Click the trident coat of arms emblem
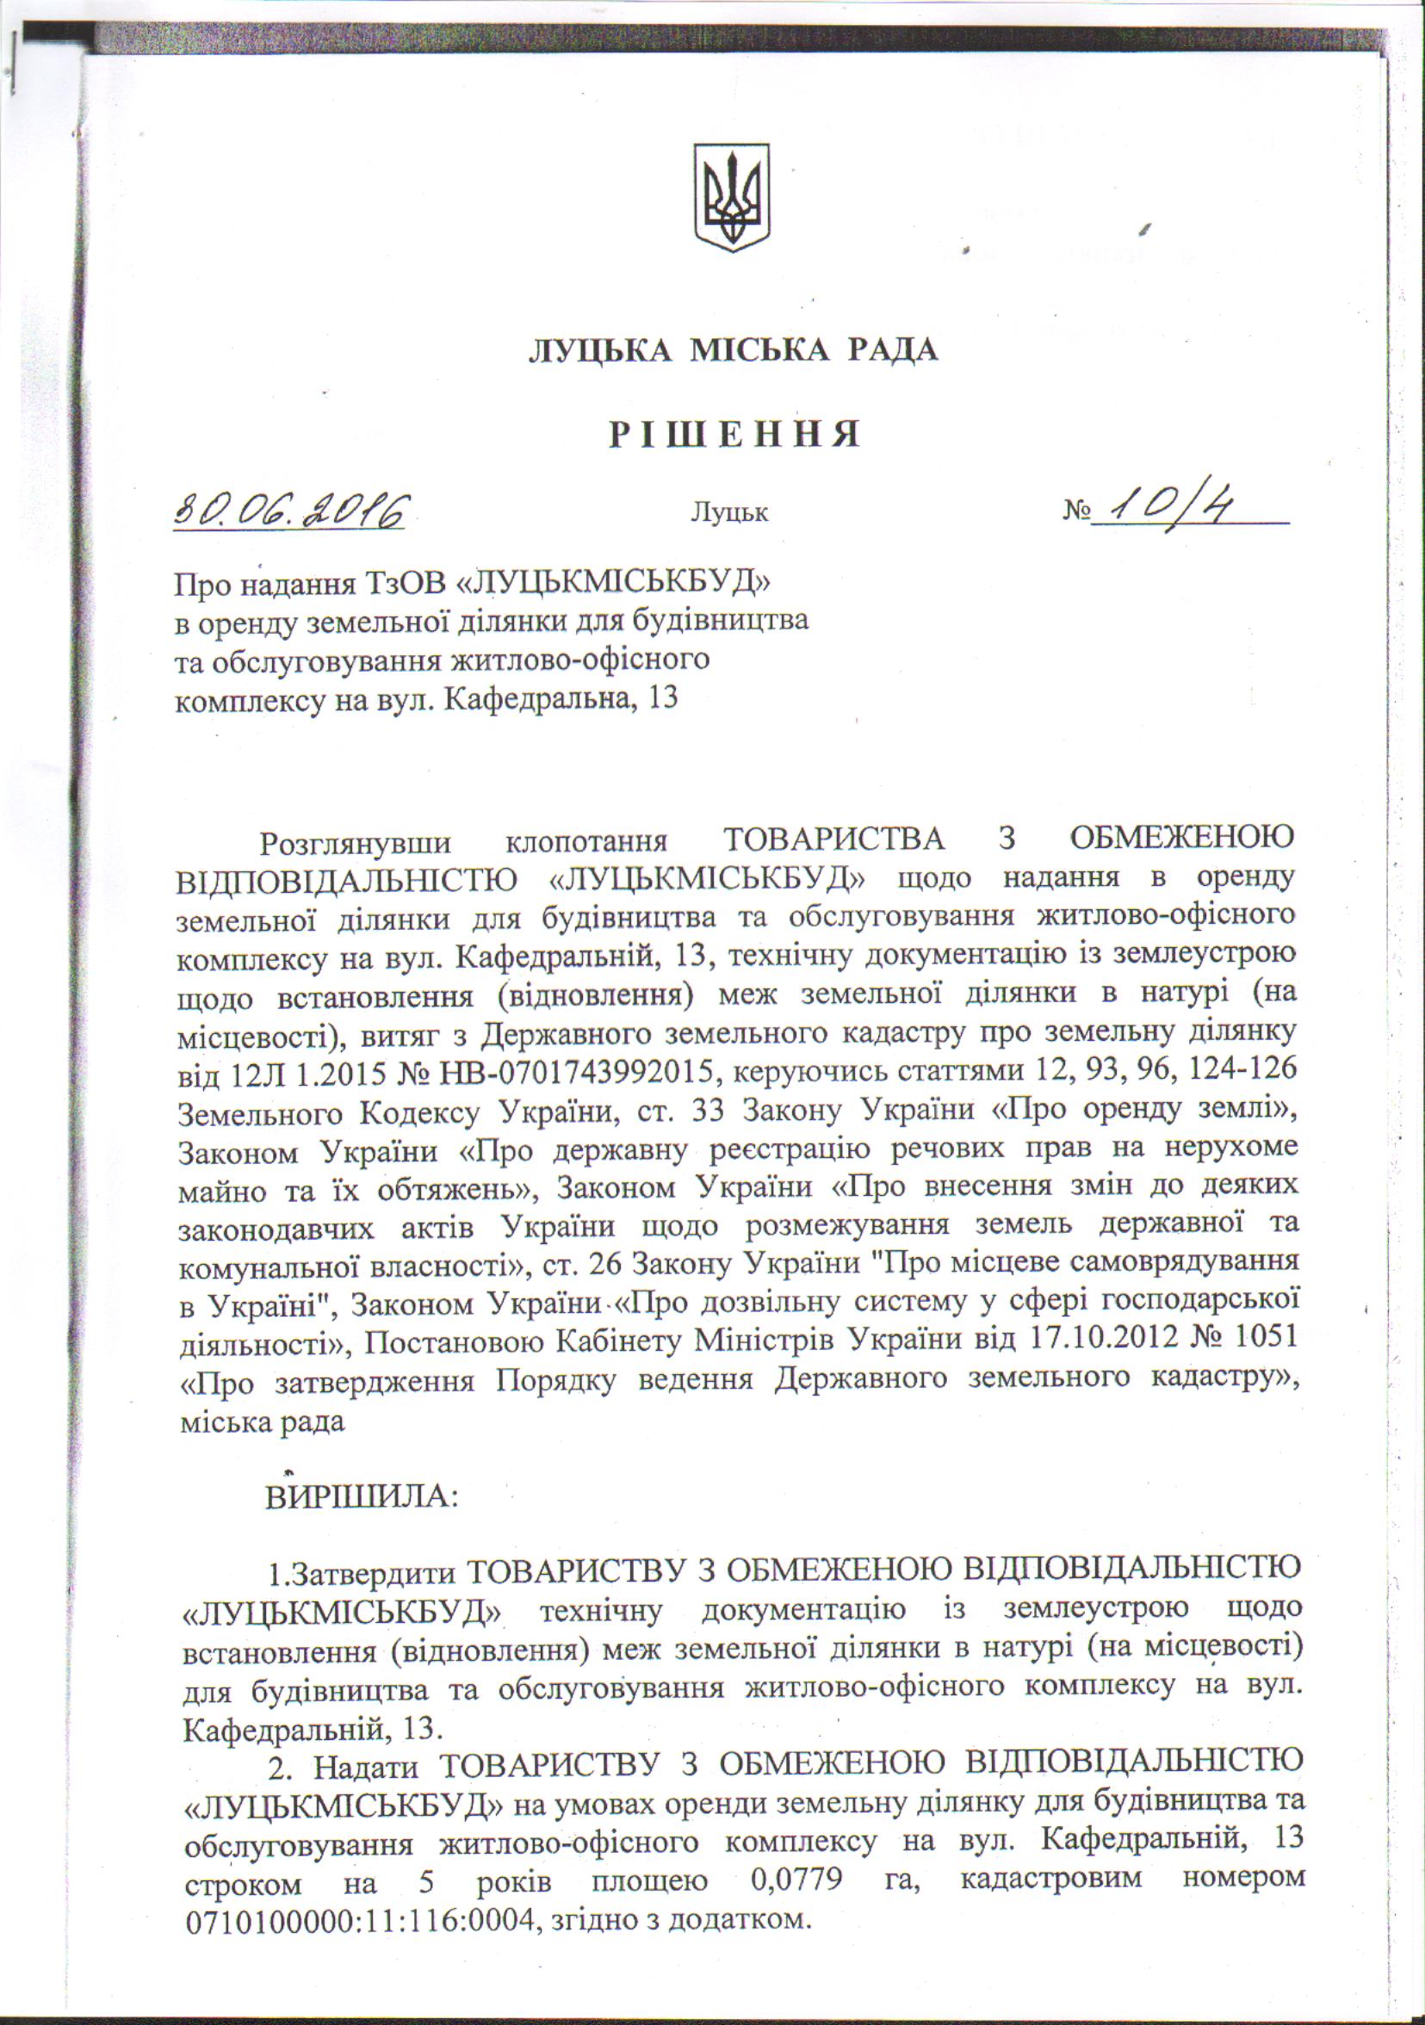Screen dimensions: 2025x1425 click(x=731, y=196)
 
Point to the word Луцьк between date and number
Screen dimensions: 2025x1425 click(x=729, y=512)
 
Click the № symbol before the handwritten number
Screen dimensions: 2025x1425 click(x=1076, y=511)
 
